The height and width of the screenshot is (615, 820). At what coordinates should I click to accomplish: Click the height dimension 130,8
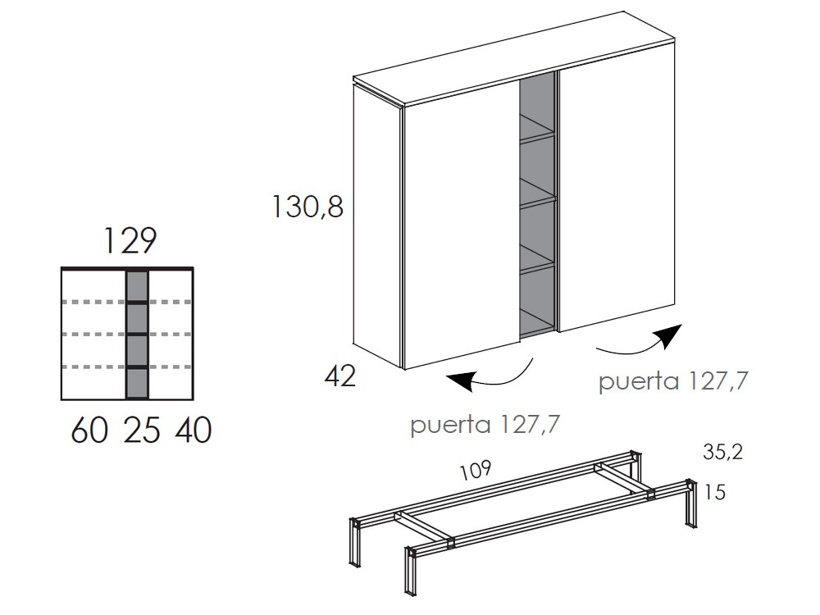(307, 207)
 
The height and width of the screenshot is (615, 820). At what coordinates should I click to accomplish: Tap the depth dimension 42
(340, 376)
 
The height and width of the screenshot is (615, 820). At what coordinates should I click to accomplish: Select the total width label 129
(130, 240)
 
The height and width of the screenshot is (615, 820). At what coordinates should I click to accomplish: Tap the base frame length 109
(476, 470)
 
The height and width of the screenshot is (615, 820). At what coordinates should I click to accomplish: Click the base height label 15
(715, 492)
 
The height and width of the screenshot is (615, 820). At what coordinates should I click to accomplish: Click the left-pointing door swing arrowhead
(460, 380)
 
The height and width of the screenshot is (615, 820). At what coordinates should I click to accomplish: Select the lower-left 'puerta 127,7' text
(485, 425)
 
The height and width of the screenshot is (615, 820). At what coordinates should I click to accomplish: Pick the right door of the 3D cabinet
(617, 198)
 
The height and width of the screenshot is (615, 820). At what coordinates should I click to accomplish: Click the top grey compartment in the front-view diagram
(138, 286)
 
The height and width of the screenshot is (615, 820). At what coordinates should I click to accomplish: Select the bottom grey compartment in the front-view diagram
(138, 383)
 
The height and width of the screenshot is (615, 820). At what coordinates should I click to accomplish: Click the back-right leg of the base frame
(635, 467)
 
